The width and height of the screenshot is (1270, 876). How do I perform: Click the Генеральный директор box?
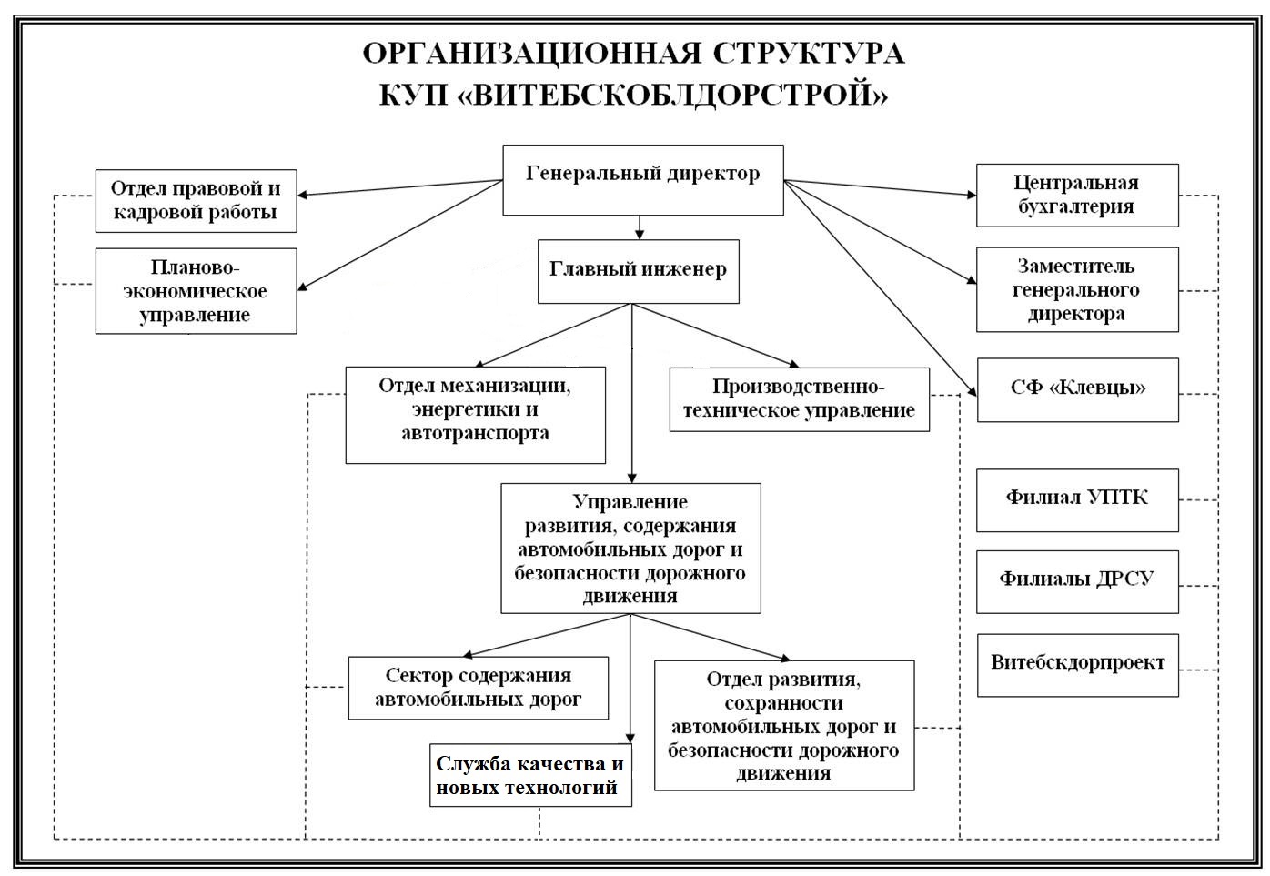click(x=642, y=180)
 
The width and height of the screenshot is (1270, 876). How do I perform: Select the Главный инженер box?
click(x=638, y=271)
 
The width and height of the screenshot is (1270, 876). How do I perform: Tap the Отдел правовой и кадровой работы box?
click(x=196, y=201)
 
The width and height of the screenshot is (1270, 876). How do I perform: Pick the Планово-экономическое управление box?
click(x=196, y=291)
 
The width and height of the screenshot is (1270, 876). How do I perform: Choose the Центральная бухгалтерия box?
click(x=1076, y=195)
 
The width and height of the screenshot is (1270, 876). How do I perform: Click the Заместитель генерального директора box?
click(x=1076, y=289)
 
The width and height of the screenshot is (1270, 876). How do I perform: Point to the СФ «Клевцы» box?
click(x=1077, y=389)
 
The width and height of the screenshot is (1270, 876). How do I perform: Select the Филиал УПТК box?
click(x=1076, y=499)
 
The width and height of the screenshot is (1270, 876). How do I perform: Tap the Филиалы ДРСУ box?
click(x=1076, y=580)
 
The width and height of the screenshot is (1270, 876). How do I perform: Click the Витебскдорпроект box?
click(x=1077, y=665)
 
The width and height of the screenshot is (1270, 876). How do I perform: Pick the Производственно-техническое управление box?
click(x=799, y=398)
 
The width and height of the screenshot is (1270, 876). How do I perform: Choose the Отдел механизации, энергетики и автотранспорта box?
click(x=475, y=414)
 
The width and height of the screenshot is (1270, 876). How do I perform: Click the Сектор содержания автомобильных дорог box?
click(x=478, y=688)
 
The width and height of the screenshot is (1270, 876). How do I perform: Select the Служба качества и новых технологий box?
click(x=530, y=775)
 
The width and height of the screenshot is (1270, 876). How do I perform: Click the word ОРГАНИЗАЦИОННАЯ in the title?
click(x=532, y=54)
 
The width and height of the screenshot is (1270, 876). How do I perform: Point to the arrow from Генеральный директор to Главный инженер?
click(x=640, y=227)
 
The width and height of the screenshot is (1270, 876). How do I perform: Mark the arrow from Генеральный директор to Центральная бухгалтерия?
click(x=879, y=187)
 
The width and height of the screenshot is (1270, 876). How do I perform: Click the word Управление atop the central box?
click(x=630, y=501)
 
